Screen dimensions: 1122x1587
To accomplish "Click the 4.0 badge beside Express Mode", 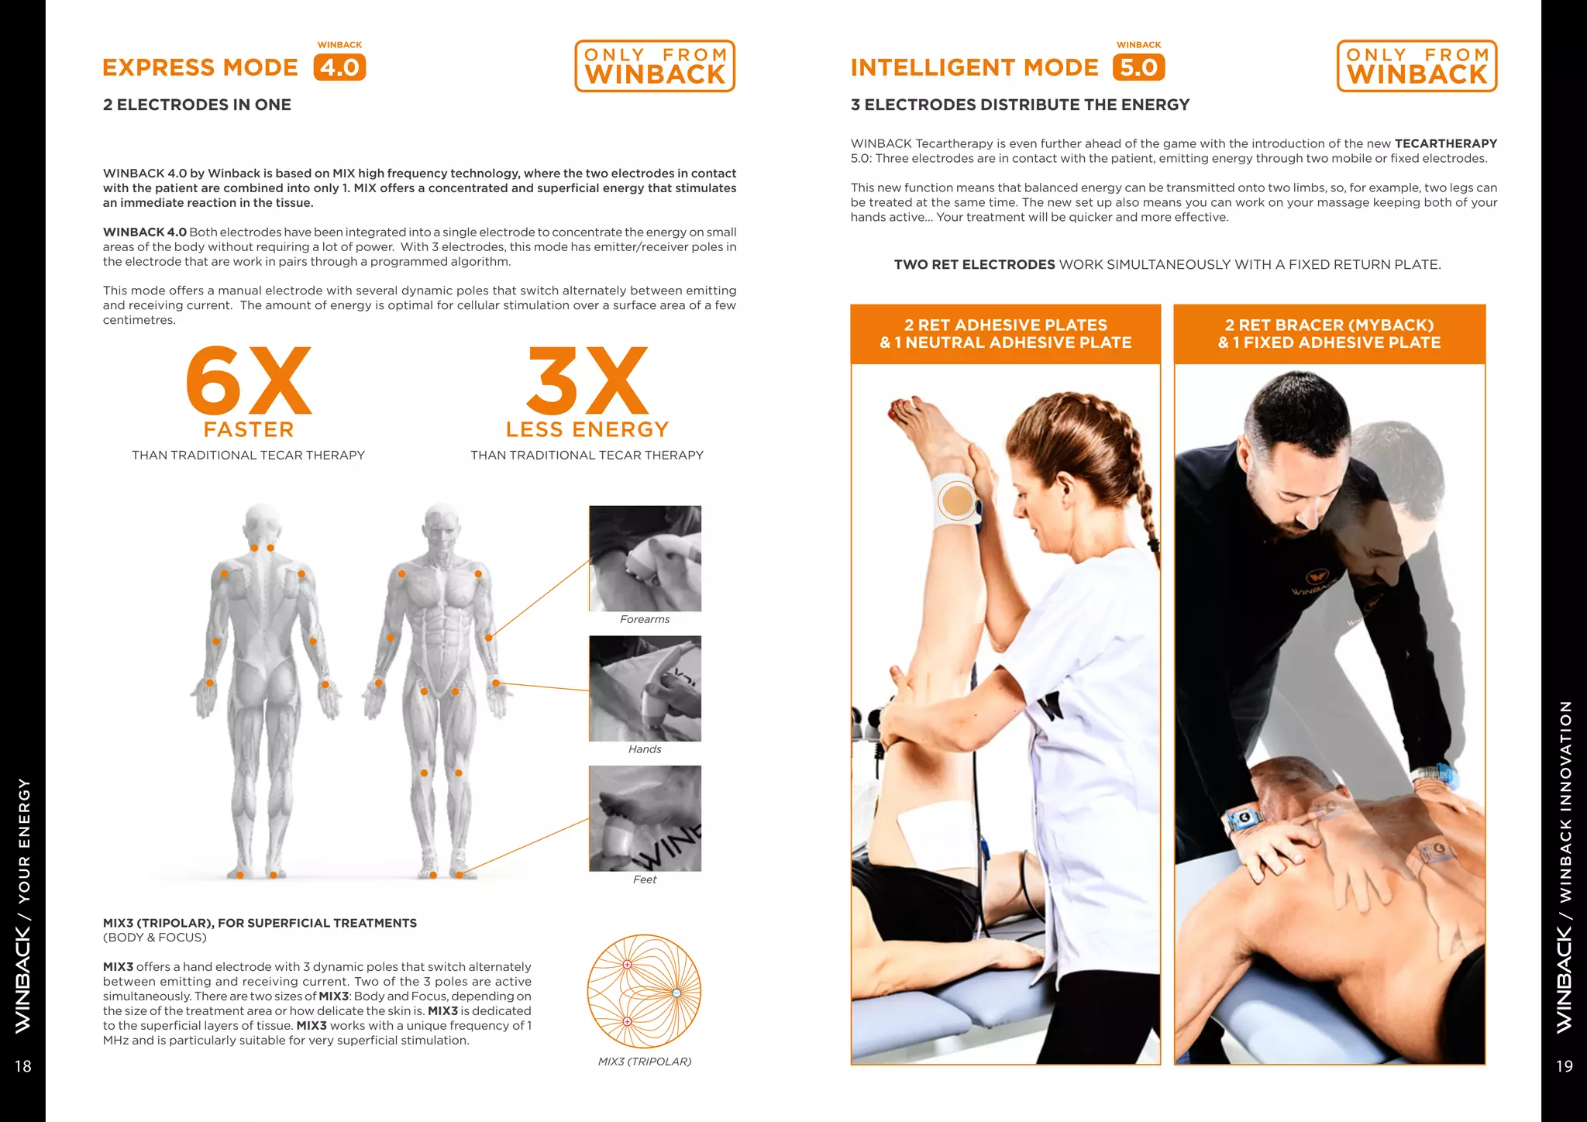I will click(x=339, y=67).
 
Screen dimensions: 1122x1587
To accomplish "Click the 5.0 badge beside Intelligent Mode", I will click(x=1138, y=67).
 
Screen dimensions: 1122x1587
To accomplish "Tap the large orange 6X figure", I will click(x=248, y=380).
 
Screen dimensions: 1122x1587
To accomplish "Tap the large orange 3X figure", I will click(x=587, y=380).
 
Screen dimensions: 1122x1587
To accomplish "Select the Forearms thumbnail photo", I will click(x=645, y=559).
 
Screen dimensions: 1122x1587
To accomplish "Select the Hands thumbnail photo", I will click(x=645, y=688).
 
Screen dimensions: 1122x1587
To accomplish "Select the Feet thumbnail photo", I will click(x=645, y=818).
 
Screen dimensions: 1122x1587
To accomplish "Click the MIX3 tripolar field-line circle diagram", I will click(x=644, y=992).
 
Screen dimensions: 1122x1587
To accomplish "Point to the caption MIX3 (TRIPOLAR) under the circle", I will click(x=644, y=1062).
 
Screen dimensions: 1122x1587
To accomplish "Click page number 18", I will click(x=23, y=1067).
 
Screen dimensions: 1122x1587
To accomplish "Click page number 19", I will click(x=1564, y=1067).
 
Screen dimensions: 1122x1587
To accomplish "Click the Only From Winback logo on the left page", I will click(x=655, y=66).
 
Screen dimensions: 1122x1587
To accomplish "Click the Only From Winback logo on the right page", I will click(x=1417, y=66).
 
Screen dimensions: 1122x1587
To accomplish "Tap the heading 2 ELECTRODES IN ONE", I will click(x=197, y=105).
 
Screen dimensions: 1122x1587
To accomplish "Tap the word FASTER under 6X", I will click(x=249, y=430).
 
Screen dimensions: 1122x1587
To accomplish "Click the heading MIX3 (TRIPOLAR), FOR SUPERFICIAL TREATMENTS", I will click(x=260, y=923).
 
